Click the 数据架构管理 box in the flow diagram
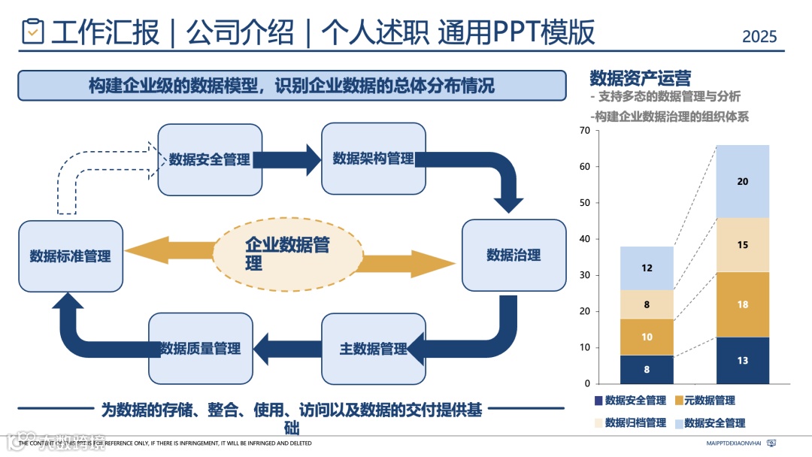tap(373, 159)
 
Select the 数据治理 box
tap(514, 255)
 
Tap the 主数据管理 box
tap(373, 349)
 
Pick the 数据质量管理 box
tap(200, 349)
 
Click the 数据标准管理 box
tap(71, 256)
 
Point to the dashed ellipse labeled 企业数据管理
tap(287, 254)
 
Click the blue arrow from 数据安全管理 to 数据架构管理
tap(286, 159)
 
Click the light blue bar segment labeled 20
tap(742, 182)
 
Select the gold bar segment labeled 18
tap(742, 304)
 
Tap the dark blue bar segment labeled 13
tap(742, 361)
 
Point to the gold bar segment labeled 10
tap(647, 337)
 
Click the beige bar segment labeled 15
tap(742, 245)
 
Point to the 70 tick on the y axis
tap(584, 131)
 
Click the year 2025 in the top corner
tap(759, 36)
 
